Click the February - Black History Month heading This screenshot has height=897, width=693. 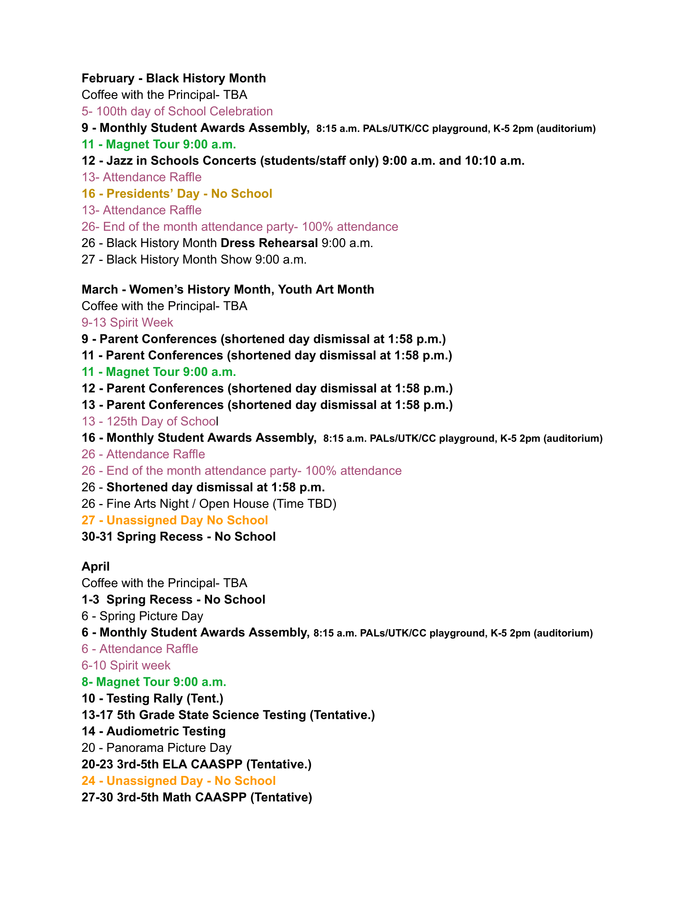click(173, 78)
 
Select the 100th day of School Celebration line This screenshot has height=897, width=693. click(177, 111)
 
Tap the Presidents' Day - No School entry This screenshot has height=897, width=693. click(177, 193)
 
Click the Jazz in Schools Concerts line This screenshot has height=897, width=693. click(302, 161)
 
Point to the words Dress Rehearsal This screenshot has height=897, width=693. click(269, 243)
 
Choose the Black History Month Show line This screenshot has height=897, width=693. click(194, 260)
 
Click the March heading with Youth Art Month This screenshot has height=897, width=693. click(227, 289)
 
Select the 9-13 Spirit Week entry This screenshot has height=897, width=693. click(127, 323)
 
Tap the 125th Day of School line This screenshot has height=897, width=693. click(150, 421)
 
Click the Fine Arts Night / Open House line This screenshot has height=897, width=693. click(209, 504)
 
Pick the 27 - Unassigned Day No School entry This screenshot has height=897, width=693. click(174, 520)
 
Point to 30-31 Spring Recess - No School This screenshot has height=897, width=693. click(179, 537)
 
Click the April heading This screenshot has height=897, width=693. click(95, 566)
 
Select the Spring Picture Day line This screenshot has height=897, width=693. click(142, 616)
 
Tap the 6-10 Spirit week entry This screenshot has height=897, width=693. click(126, 665)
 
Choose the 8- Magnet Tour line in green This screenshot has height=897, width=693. click(154, 682)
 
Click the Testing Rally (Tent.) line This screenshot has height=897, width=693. click(152, 698)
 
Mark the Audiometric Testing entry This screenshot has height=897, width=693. click(154, 731)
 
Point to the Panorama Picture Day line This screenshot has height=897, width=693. click(157, 747)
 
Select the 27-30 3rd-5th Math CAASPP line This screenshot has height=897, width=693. click(196, 797)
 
